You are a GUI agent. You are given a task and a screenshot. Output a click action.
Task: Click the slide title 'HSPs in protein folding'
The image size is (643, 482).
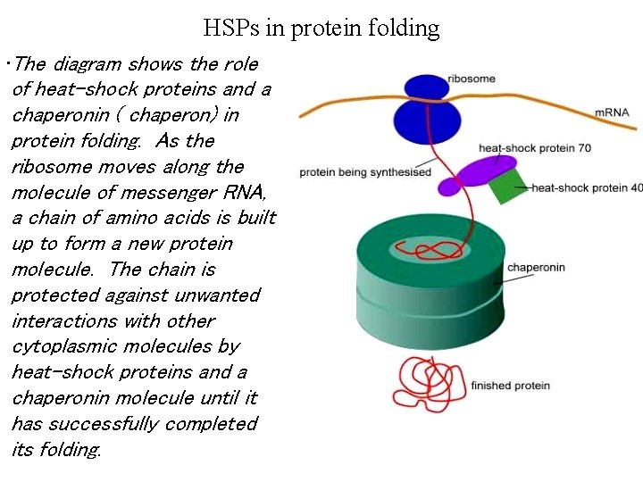(321, 28)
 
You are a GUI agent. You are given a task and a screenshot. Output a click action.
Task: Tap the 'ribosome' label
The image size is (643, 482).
(471, 79)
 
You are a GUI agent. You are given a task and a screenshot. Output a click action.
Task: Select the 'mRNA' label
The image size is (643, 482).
(612, 112)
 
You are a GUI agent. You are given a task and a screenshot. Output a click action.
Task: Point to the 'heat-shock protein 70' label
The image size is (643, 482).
(534, 147)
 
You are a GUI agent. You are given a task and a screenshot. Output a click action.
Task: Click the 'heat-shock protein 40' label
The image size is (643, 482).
(587, 187)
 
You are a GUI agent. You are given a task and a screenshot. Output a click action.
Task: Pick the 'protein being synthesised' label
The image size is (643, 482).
(365, 172)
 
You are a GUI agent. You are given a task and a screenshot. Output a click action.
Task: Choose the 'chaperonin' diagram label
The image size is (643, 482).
(536, 267)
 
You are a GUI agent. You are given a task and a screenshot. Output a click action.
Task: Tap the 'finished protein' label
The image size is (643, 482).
(510, 386)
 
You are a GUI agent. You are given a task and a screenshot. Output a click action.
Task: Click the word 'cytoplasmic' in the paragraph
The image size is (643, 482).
(57, 346)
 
